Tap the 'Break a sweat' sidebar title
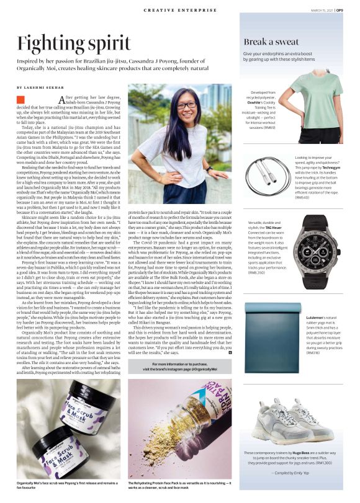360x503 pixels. tap(274, 42)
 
